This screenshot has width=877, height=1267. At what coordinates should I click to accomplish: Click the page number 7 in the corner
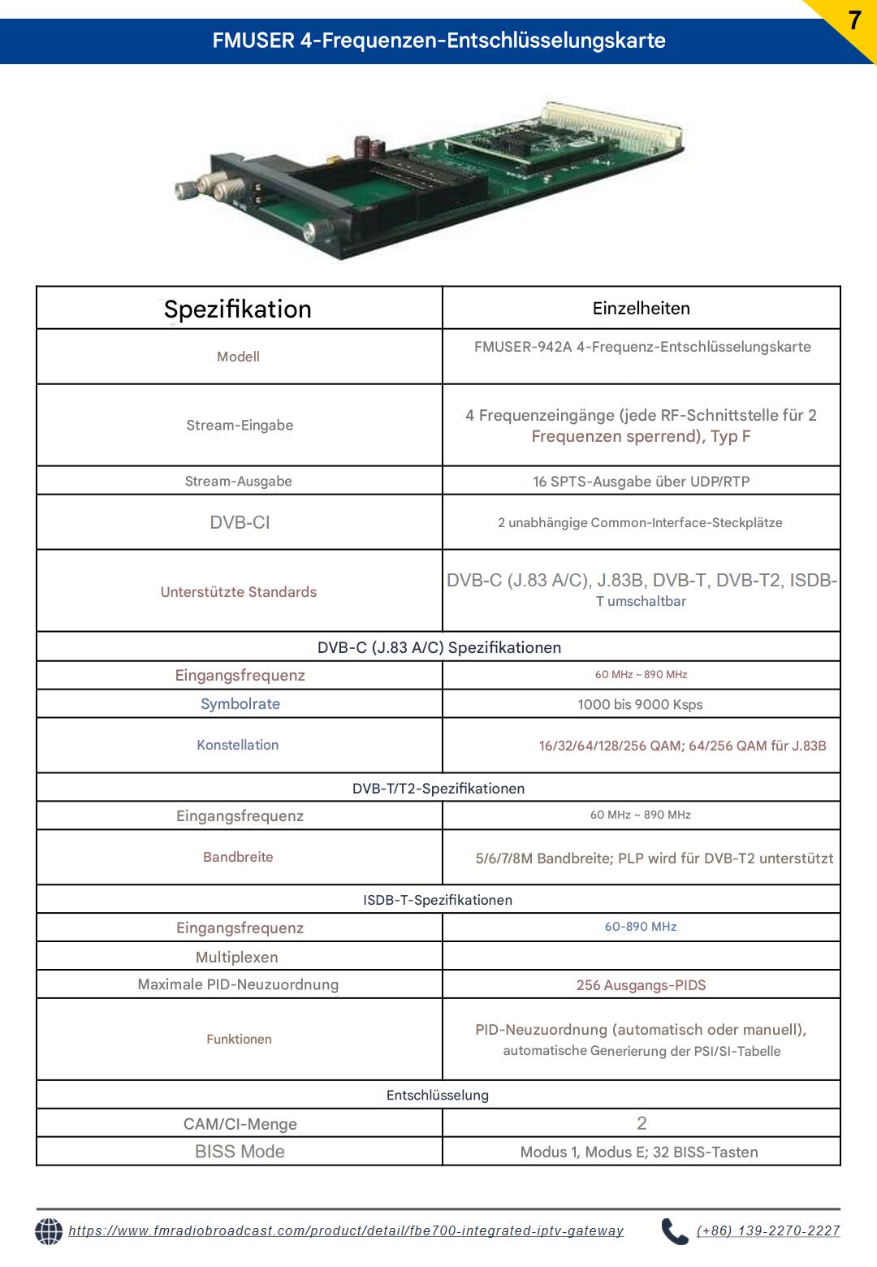point(853,21)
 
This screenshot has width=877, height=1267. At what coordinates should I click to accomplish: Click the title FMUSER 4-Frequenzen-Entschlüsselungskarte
point(438,41)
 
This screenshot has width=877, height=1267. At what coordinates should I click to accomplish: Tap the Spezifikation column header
point(238,309)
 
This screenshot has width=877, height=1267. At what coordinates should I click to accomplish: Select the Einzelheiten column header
point(641,309)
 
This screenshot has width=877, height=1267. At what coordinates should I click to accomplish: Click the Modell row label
point(238,357)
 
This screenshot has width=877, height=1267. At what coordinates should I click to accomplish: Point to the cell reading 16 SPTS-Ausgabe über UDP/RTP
point(641,482)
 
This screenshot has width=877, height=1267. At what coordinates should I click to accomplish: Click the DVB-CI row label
point(240,522)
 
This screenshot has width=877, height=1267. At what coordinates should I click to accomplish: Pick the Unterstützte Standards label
point(239,592)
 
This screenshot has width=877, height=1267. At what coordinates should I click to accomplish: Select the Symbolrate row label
point(240,704)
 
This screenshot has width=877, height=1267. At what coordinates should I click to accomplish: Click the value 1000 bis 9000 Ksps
point(640,705)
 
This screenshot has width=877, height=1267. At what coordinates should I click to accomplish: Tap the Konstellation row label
point(238,745)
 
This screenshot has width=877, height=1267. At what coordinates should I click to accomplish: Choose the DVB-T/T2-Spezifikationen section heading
point(438,789)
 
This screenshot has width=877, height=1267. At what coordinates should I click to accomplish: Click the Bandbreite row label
point(238,857)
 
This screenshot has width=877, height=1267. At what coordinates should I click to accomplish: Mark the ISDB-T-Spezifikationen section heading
point(438,900)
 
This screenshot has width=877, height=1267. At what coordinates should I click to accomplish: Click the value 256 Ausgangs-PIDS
point(641,985)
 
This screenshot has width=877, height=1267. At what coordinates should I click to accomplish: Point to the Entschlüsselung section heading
point(438,1095)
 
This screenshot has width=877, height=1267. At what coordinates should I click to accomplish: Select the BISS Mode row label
point(240,1152)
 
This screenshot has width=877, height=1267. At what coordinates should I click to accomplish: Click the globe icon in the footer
point(49,1231)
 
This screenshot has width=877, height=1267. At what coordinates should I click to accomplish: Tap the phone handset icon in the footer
point(674,1231)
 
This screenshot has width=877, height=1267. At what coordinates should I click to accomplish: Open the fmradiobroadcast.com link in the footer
point(346,1231)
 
